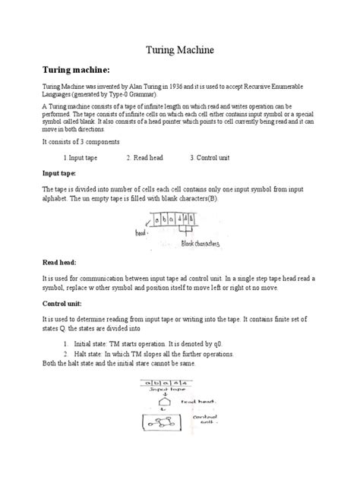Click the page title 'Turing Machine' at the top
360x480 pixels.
coord(180,50)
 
